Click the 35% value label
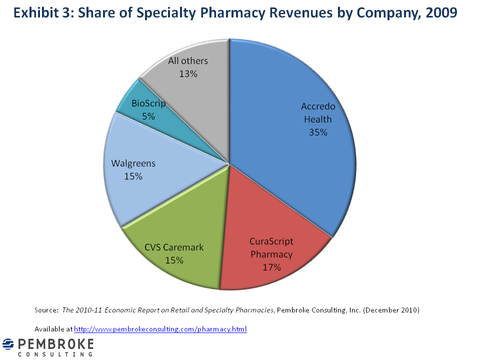coord(318,132)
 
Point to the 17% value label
coord(272,267)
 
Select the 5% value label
coord(148,116)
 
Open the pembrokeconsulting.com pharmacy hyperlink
coord(160,329)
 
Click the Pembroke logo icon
coord(8,345)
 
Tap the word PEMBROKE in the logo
coord(55,344)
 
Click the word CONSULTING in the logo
coord(55,354)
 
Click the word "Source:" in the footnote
coord(46,310)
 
